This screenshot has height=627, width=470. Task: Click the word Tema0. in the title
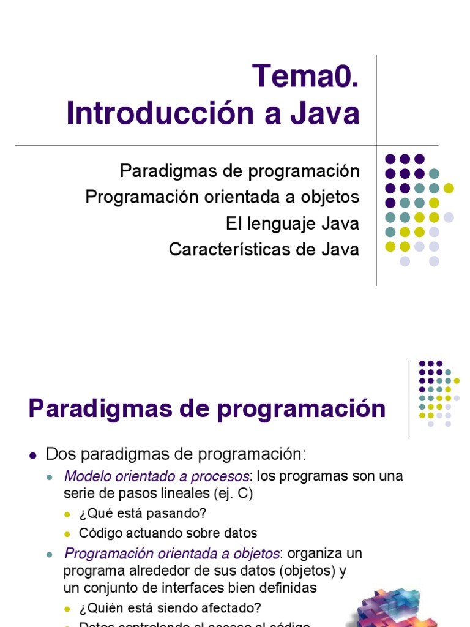point(305,76)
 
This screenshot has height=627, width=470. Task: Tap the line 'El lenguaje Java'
point(292,223)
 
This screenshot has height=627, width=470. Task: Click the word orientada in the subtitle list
point(234,197)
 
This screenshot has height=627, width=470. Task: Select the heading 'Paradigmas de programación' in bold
point(207,408)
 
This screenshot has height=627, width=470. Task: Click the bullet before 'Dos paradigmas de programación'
point(34,455)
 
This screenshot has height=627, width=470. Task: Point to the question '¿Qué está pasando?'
point(139,513)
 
